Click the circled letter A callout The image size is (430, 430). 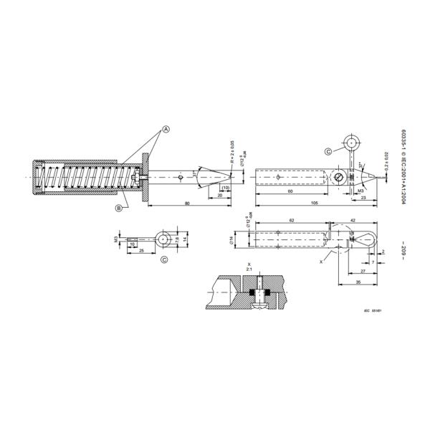point(166,130)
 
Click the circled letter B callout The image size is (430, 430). point(118,209)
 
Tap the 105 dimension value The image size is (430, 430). point(315,203)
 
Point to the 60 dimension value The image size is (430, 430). point(290,193)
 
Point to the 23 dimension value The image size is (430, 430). point(365,198)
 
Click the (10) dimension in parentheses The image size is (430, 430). point(226,188)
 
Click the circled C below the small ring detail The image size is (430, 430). point(164,259)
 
